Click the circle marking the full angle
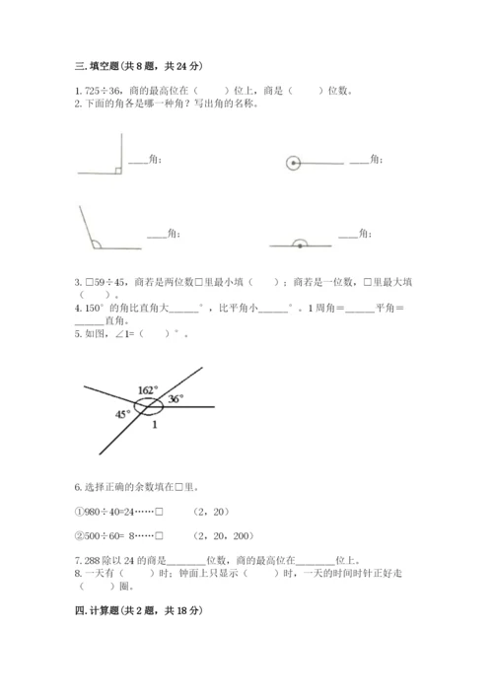click(x=292, y=163)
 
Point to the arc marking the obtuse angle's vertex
click(x=95, y=242)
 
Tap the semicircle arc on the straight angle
click(x=300, y=240)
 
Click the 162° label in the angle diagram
click(x=148, y=390)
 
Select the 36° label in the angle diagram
click(x=176, y=399)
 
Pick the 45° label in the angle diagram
click(x=121, y=414)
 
